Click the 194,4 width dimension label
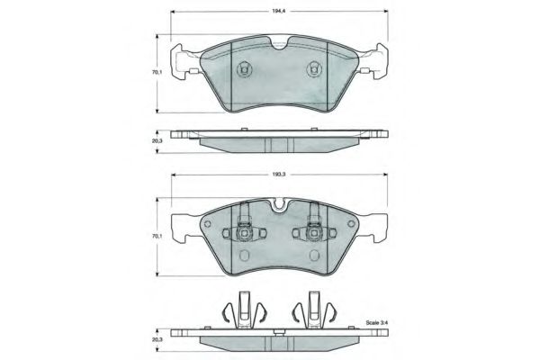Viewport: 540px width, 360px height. coord(279,11)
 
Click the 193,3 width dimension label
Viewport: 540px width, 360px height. coord(279,175)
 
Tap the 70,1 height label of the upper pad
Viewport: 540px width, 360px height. coord(157,72)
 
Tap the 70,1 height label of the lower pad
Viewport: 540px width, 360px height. coord(157,237)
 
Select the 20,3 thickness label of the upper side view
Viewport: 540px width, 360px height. coord(157,141)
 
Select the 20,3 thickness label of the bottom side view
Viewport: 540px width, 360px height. coord(157,339)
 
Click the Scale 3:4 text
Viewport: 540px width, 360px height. coord(377,323)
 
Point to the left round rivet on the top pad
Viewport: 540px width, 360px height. coord(244,69)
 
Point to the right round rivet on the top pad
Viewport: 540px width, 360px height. coord(314,69)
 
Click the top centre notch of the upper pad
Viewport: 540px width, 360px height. coord(279,44)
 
